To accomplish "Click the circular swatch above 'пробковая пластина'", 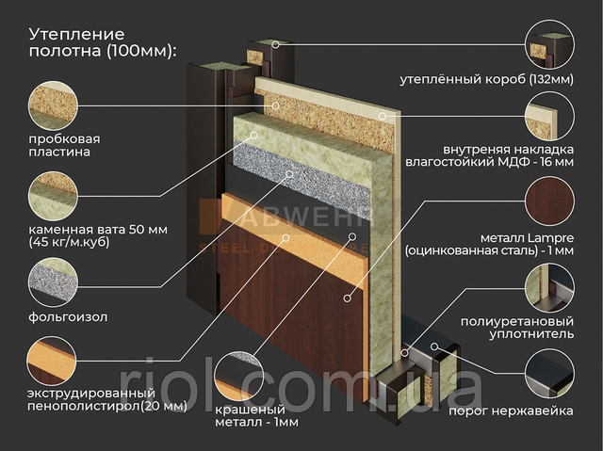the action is pyautogui.click(x=53, y=105).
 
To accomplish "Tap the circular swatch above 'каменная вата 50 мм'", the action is pyautogui.click(x=53, y=196).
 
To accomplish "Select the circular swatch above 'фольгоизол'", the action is pyautogui.click(x=53, y=282).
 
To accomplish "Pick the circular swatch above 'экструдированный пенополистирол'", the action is pyautogui.click(x=52, y=362).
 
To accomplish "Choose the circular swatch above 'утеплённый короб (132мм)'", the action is pyautogui.click(x=550, y=44).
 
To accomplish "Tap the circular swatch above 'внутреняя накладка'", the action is pyautogui.click(x=550, y=116).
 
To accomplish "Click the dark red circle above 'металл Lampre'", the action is pyautogui.click(x=550, y=201).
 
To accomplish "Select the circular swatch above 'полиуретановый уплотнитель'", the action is pyautogui.click(x=550, y=288).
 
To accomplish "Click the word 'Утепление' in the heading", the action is pyautogui.click(x=77, y=35).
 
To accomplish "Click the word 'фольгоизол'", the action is pyautogui.click(x=68, y=317).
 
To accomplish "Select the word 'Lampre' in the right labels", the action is pyautogui.click(x=550, y=238).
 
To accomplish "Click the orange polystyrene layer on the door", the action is pyautogui.click(x=291, y=235).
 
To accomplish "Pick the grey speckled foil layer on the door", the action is pyautogui.click(x=301, y=174).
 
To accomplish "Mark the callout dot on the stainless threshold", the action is pyautogui.click(x=434, y=346).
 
